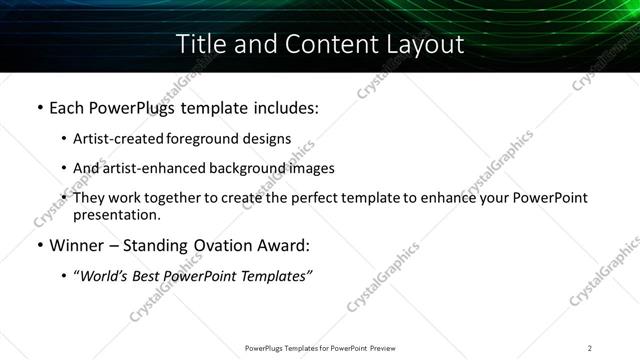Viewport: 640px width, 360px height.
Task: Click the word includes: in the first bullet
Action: (283, 107)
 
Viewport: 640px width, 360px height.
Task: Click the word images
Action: (311, 168)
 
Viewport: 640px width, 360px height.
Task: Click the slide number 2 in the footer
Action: (590, 348)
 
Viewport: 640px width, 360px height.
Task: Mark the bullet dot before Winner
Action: (39, 246)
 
